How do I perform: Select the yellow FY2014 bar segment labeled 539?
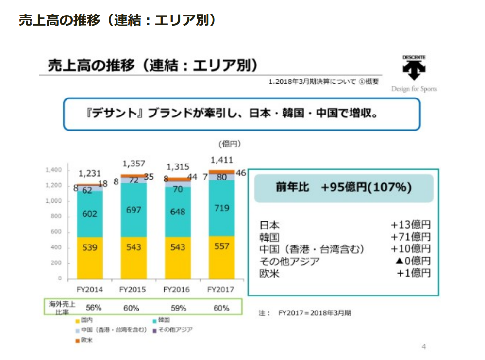coord(89,247)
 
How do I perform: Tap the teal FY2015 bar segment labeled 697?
coord(133,210)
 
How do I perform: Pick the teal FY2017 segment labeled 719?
coord(221,208)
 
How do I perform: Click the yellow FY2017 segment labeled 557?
coord(221,246)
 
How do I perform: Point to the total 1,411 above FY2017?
coord(221,160)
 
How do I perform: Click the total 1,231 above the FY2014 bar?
coord(90,173)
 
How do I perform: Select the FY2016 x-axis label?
coord(177,289)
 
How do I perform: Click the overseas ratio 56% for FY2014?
coord(93,308)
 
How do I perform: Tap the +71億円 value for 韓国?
coord(411,237)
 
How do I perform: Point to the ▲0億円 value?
coord(413,262)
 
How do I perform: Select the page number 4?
coord(423,346)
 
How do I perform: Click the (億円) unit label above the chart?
coord(230,144)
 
